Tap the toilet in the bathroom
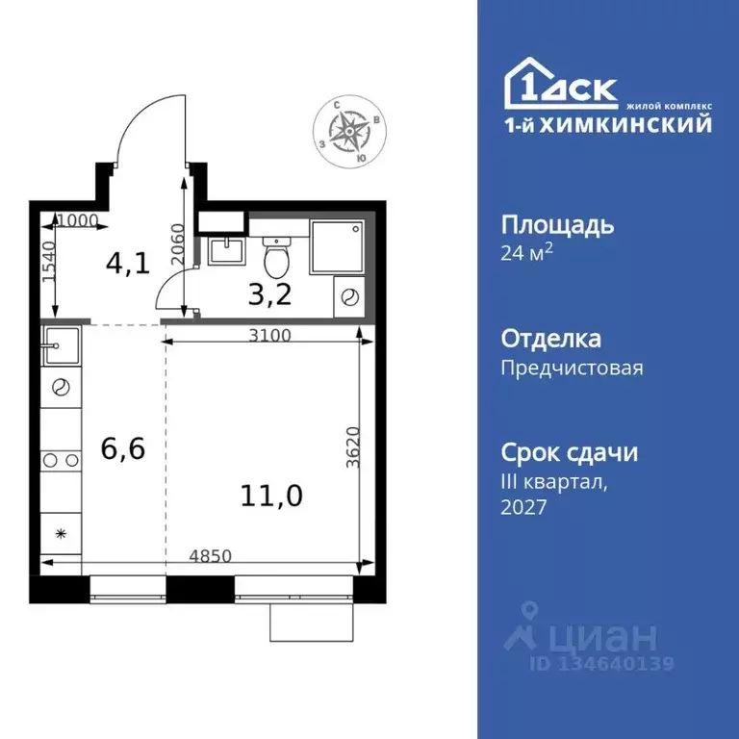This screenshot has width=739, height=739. (x=276, y=256)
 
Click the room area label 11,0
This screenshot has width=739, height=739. (x=272, y=496)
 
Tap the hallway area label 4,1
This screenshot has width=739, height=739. (x=128, y=263)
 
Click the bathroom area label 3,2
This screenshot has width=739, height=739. (x=269, y=293)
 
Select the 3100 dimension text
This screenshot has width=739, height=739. (x=268, y=336)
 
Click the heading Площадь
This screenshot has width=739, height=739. (x=557, y=226)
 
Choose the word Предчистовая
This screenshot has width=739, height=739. (x=572, y=368)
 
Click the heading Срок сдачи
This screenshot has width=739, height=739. (x=570, y=452)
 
